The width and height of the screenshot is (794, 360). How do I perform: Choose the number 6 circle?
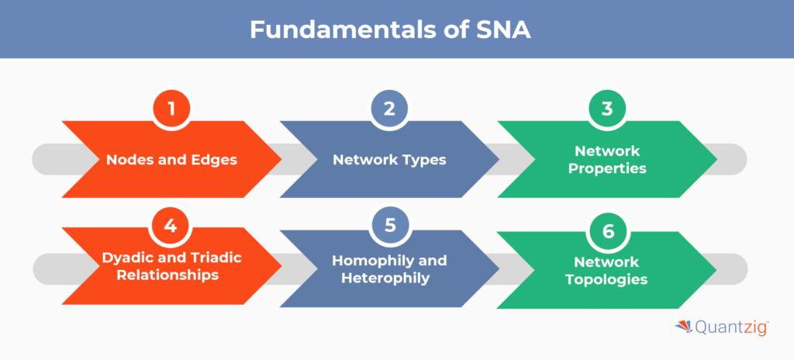(x=607, y=231)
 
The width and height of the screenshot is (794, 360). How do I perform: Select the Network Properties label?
(x=607, y=160)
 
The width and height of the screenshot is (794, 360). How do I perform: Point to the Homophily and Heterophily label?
(x=389, y=268)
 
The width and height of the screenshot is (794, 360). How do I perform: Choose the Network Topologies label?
(x=607, y=272)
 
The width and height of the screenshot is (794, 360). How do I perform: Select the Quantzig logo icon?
(x=683, y=328)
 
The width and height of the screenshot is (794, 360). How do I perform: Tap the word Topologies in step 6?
(x=607, y=280)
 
